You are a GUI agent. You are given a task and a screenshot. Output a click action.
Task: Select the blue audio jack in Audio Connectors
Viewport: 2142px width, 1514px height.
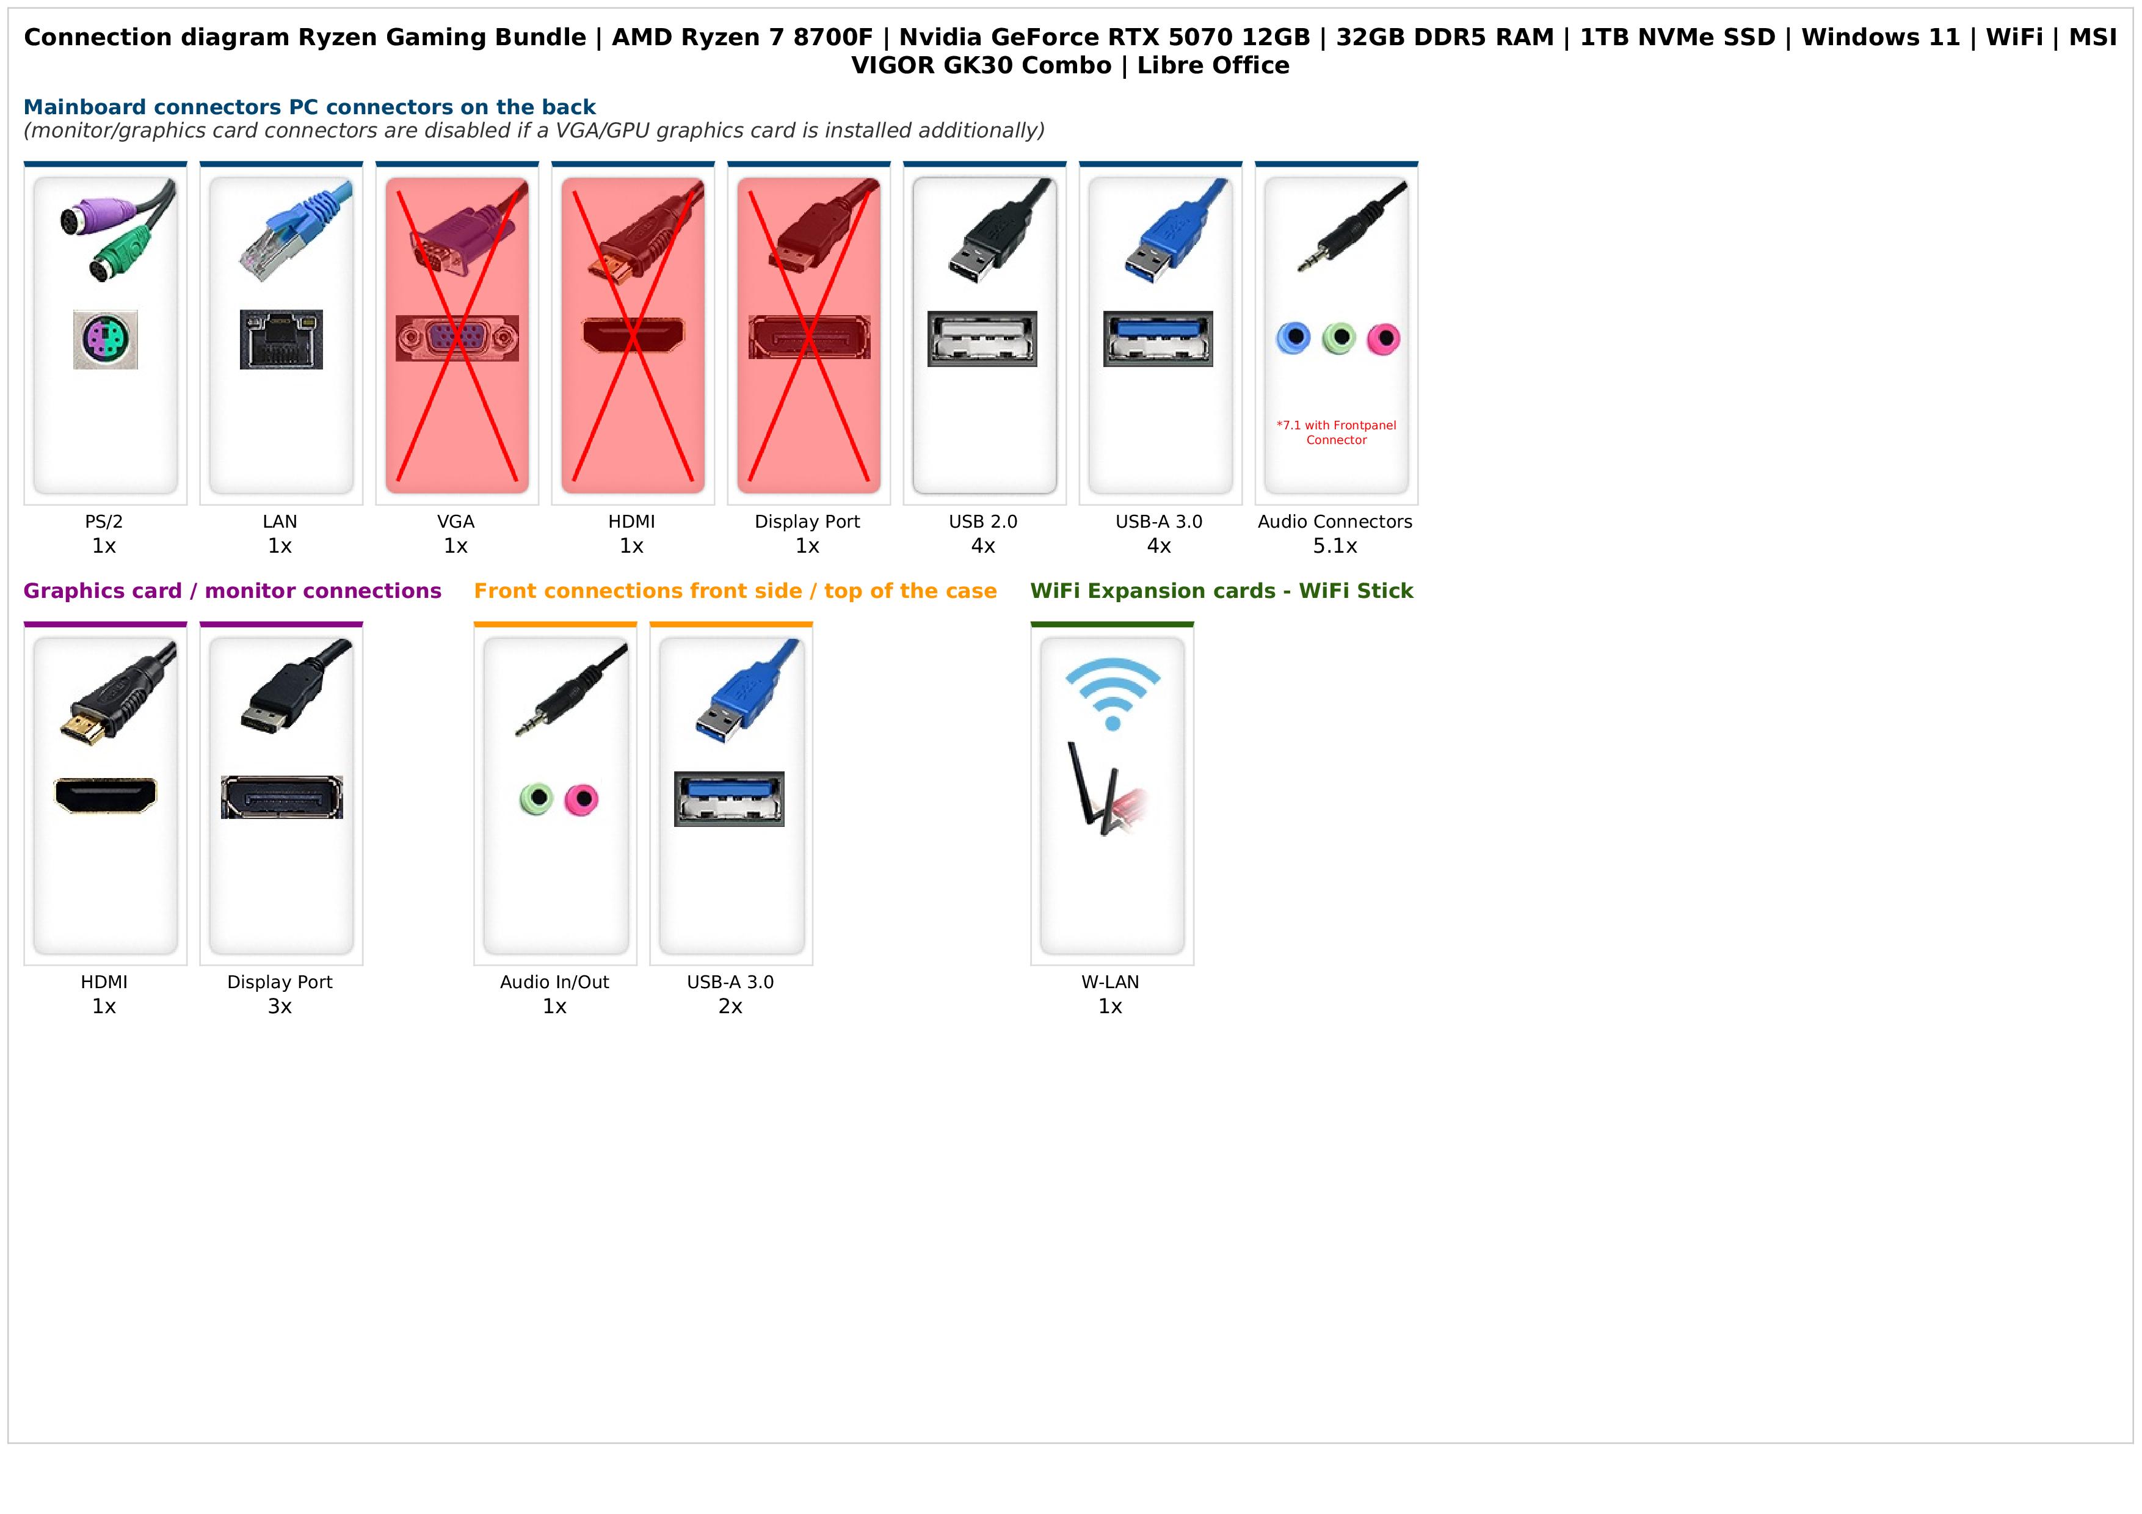point(1293,338)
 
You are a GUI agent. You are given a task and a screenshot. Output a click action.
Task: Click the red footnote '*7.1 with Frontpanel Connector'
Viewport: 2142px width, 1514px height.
point(1336,433)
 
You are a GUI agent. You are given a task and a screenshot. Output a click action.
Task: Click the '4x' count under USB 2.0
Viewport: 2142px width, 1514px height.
point(983,547)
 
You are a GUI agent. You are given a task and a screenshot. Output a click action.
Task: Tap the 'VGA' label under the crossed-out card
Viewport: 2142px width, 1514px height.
point(456,522)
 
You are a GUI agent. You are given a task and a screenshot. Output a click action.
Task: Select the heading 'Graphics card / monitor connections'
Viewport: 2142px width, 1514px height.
point(232,591)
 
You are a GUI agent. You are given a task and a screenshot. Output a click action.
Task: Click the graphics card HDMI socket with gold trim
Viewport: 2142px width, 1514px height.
point(106,796)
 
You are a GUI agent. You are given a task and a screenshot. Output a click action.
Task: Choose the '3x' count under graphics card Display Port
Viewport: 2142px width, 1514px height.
point(280,1006)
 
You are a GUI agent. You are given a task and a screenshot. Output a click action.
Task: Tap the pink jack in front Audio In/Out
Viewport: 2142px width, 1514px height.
point(582,799)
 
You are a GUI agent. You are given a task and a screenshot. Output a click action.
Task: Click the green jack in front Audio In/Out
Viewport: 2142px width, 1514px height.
point(537,799)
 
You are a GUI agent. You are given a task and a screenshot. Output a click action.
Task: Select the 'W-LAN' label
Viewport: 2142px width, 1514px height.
point(1110,982)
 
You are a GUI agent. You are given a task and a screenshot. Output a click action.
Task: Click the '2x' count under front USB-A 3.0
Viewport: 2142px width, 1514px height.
point(730,1006)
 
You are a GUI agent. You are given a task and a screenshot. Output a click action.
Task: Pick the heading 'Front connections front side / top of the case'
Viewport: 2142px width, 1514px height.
point(735,591)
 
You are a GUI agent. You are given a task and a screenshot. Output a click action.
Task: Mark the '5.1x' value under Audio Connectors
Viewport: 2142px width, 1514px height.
point(1335,547)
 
